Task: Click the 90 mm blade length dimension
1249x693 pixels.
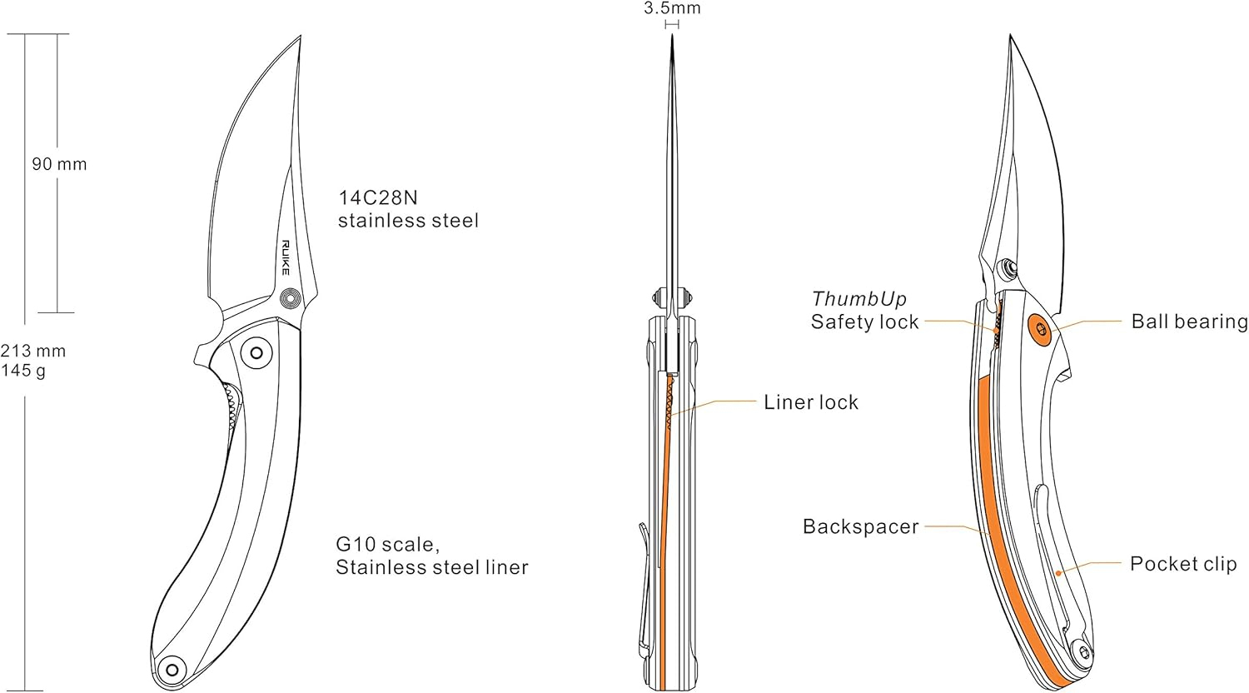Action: pos(59,164)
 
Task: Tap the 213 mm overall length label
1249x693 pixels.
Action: pos(33,351)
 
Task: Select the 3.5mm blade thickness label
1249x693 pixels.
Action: pos(672,9)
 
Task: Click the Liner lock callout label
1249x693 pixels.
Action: pos(810,402)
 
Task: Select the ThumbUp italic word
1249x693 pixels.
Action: pos(859,299)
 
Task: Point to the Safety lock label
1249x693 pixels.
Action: pos(864,322)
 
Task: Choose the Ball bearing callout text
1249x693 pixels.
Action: pos(1189,322)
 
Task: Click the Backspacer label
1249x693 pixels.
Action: pos(860,526)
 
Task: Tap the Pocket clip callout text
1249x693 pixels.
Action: pos(1182,564)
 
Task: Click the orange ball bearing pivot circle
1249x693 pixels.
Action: pos(1040,328)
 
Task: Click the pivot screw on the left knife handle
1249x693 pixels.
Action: pos(256,353)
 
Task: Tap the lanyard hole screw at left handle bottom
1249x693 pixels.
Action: pos(173,668)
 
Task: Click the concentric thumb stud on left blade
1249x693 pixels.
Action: pos(292,298)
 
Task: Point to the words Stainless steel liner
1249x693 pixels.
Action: pos(431,568)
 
